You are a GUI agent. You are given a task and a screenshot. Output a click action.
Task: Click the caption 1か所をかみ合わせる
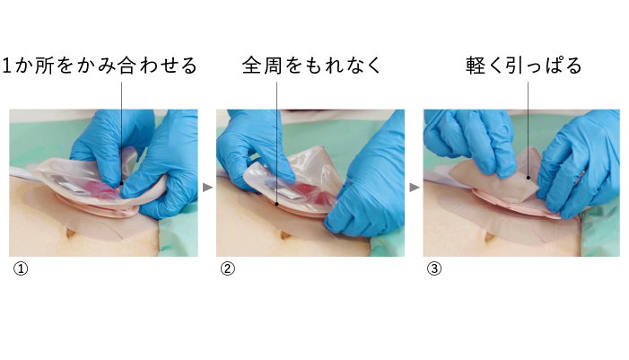point(100,66)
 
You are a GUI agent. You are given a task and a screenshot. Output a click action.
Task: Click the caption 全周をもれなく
point(311,66)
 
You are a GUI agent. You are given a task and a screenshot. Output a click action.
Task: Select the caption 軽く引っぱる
point(523,66)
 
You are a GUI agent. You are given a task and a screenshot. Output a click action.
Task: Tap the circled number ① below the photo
point(21,268)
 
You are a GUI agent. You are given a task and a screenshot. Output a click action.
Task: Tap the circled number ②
point(228,268)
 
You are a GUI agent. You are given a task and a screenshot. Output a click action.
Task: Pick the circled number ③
point(434,268)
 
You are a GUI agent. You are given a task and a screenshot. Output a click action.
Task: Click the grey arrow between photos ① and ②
point(207,188)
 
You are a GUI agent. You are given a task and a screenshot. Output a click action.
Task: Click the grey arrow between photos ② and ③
point(415,188)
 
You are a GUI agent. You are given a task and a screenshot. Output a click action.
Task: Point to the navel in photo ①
point(70,233)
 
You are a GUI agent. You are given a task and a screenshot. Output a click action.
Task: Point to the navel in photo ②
point(285,235)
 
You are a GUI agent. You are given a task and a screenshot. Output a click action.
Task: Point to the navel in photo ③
point(489,238)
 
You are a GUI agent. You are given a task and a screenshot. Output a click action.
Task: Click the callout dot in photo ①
point(121,183)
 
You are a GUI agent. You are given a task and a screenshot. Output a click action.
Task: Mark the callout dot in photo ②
point(276,205)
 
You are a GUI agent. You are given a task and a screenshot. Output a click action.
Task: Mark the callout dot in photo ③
point(529,178)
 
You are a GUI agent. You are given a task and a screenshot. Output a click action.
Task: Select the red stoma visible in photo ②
point(317,196)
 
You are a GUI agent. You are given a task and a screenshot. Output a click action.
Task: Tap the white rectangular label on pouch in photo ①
point(73,187)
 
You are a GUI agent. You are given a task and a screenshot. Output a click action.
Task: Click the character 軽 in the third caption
point(476,66)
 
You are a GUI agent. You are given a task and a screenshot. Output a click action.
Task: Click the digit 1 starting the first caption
point(7,66)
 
